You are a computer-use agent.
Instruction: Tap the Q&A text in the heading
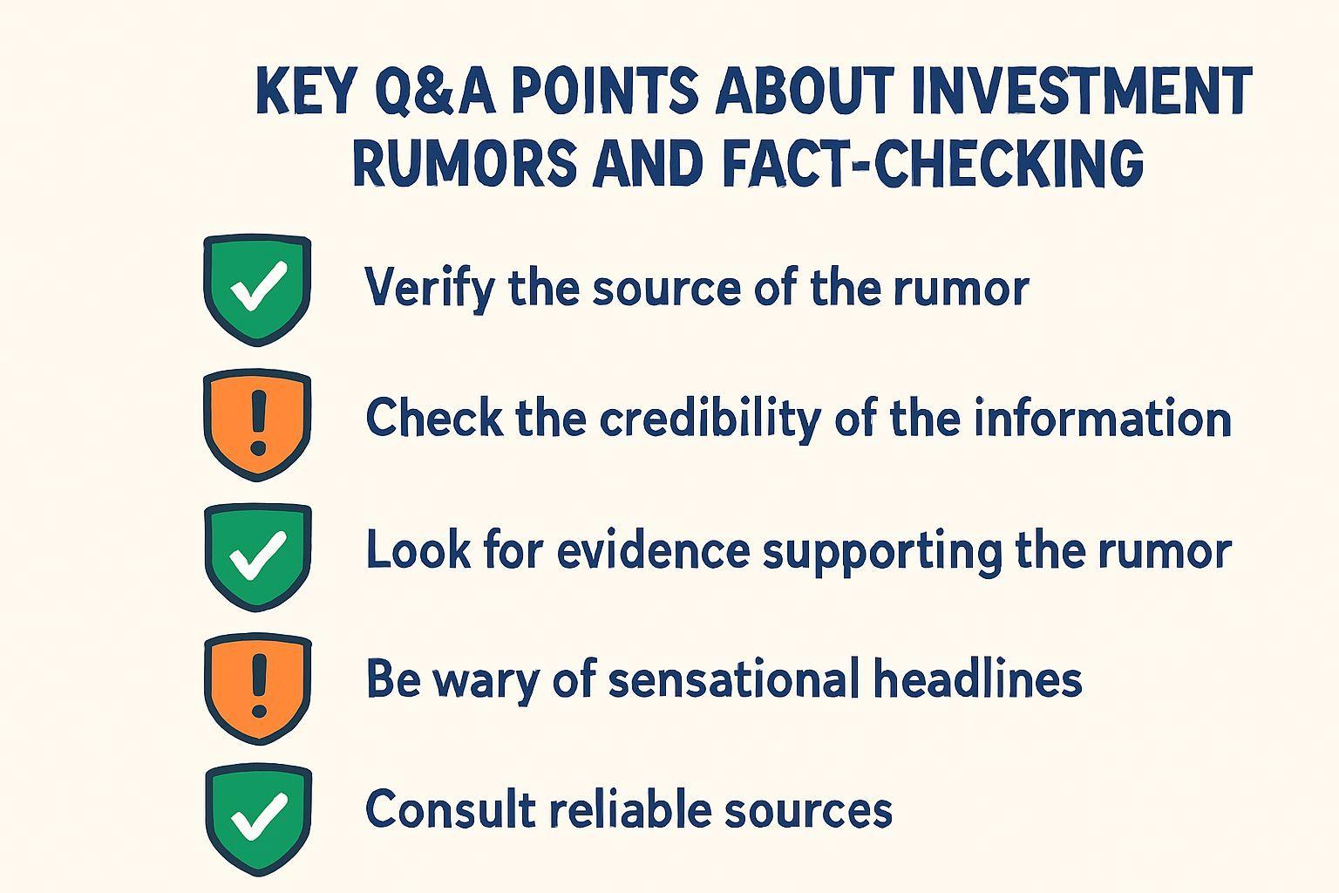(x=436, y=91)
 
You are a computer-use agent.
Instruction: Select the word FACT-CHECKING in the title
(x=933, y=161)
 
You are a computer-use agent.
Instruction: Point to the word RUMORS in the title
(x=465, y=161)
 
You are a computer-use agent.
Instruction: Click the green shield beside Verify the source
(x=257, y=290)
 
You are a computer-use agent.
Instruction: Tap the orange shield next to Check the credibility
(x=257, y=425)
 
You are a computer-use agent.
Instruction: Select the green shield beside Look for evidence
(x=258, y=557)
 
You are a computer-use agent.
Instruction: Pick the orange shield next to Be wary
(x=258, y=690)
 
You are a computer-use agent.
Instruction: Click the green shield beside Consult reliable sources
(x=258, y=821)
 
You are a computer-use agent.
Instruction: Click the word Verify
(x=430, y=289)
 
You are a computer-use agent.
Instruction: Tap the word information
(x=1102, y=418)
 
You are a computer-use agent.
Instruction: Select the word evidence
(x=653, y=550)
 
